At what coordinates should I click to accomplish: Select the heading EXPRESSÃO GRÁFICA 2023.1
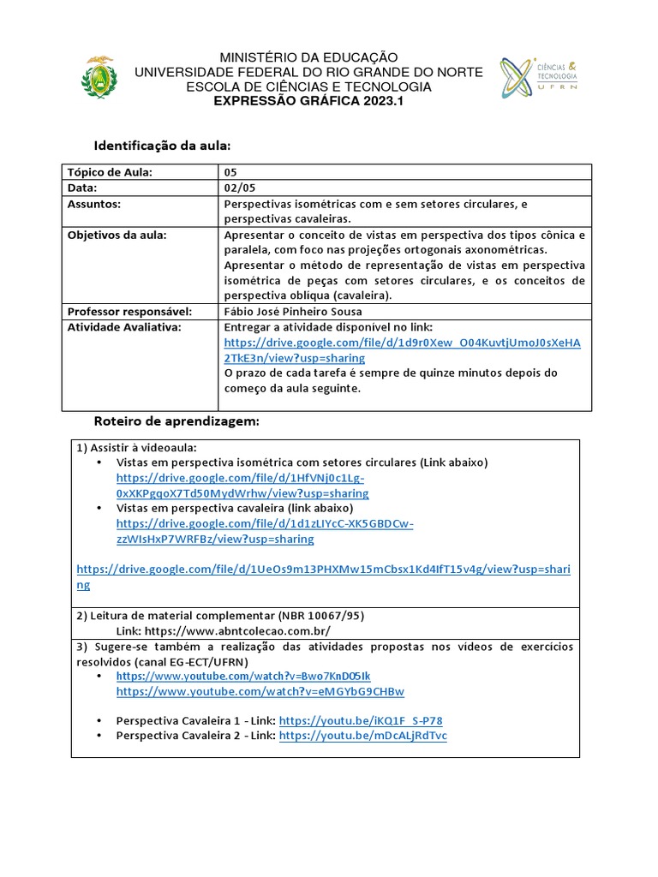[x=308, y=101]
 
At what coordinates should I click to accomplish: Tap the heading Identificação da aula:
[x=162, y=145]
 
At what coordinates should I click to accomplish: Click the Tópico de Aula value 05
[x=230, y=172]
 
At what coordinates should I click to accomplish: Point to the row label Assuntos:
[x=94, y=204]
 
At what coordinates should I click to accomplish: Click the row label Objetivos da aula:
[x=117, y=235]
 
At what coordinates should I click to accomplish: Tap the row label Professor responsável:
[x=129, y=312]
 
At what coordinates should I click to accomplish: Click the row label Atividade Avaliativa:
[x=124, y=327]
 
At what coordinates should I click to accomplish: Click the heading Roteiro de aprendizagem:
[x=176, y=422]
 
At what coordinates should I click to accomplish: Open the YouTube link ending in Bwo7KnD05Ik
[x=243, y=676]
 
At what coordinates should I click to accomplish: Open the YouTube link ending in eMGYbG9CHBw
[x=260, y=691]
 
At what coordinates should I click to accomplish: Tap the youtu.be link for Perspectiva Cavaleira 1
[x=361, y=720]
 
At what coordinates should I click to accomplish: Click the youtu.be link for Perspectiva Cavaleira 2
[x=363, y=736]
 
